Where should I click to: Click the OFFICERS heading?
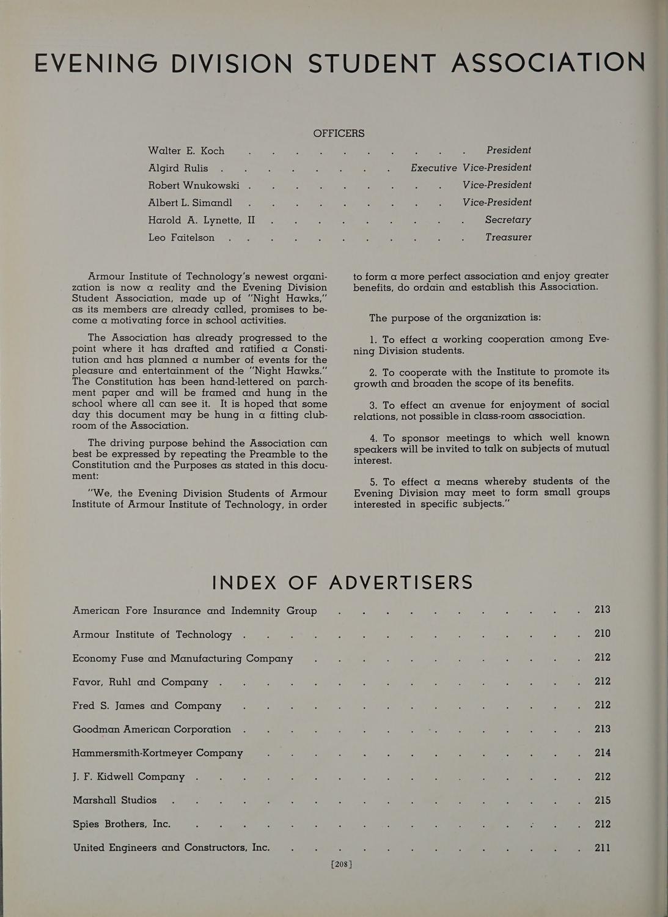click(339, 133)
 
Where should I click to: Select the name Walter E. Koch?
click(186, 150)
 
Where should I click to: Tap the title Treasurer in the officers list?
click(508, 237)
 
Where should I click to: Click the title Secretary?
click(508, 219)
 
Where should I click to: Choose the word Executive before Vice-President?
click(433, 168)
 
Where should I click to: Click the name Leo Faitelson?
click(181, 237)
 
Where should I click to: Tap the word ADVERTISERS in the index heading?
click(401, 583)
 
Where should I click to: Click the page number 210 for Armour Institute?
click(602, 633)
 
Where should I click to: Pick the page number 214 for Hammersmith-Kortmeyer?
click(602, 753)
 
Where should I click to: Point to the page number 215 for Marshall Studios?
click(602, 800)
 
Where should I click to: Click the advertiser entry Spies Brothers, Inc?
click(122, 824)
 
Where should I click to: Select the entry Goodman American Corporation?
click(152, 729)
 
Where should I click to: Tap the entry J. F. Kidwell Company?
click(128, 776)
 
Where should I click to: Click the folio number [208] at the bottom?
click(342, 864)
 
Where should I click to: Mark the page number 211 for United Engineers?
click(602, 848)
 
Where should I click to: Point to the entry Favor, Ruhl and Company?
click(140, 682)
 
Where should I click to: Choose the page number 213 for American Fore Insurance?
click(602, 609)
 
